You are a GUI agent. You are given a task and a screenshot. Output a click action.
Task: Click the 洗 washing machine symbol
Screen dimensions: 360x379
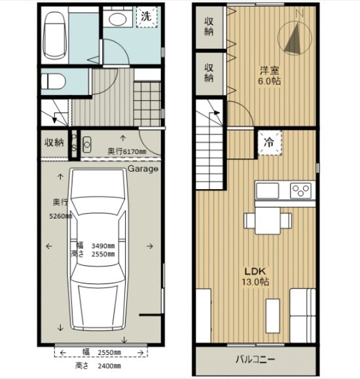(147, 16)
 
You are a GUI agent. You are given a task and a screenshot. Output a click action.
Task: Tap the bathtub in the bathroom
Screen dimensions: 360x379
(54, 35)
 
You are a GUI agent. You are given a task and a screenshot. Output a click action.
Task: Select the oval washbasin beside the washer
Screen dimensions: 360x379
(117, 19)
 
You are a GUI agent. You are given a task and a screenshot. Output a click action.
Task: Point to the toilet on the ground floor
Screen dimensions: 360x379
(53, 81)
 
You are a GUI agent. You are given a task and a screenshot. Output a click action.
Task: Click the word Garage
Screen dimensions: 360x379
(143, 169)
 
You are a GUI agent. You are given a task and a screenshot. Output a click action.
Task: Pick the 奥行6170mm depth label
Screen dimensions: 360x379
(127, 152)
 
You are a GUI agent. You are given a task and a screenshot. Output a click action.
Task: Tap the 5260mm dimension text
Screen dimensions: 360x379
(60, 216)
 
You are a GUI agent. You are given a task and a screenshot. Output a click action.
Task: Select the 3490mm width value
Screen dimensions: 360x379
(103, 246)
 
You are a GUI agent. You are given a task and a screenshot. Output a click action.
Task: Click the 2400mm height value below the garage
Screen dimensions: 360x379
(109, 366)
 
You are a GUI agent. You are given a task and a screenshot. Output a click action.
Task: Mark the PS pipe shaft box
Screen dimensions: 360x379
(74, 145)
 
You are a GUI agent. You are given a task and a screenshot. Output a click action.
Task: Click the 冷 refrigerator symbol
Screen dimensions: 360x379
(270, 143)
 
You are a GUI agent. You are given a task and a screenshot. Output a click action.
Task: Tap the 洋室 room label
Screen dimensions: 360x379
(270, 70)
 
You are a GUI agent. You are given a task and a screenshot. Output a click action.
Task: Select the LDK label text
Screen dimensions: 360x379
(255, 272)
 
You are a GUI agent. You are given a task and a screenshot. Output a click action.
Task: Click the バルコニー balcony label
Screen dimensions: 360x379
(255, 359)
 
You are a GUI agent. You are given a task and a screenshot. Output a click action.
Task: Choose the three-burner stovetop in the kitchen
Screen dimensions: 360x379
(300, 190)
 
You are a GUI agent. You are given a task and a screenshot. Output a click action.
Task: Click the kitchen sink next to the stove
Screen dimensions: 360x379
(268, 190)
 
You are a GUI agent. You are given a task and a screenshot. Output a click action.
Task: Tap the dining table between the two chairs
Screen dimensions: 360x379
(268, 221)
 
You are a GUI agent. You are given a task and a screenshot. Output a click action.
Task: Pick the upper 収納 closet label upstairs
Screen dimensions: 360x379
(209, 27)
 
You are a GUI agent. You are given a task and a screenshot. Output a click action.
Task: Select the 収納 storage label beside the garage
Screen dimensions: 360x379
(54, 143)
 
